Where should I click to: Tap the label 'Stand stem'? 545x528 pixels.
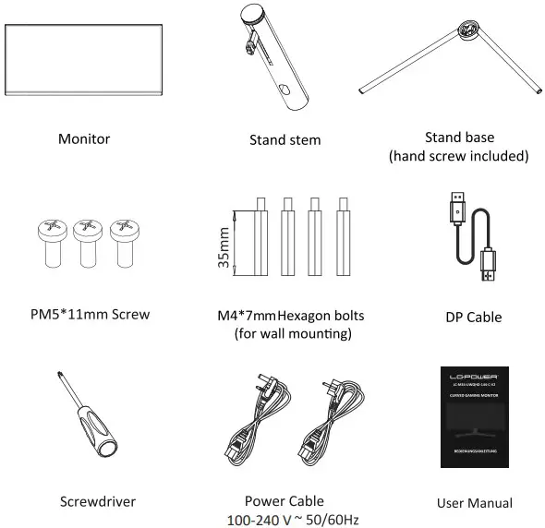tap(285, 140)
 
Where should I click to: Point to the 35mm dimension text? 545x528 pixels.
tap(223, 246)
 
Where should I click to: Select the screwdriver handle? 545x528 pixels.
tap(97, 434)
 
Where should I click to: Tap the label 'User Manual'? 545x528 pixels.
tap(474, 503)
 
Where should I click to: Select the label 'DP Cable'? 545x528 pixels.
tap(473, 317)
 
